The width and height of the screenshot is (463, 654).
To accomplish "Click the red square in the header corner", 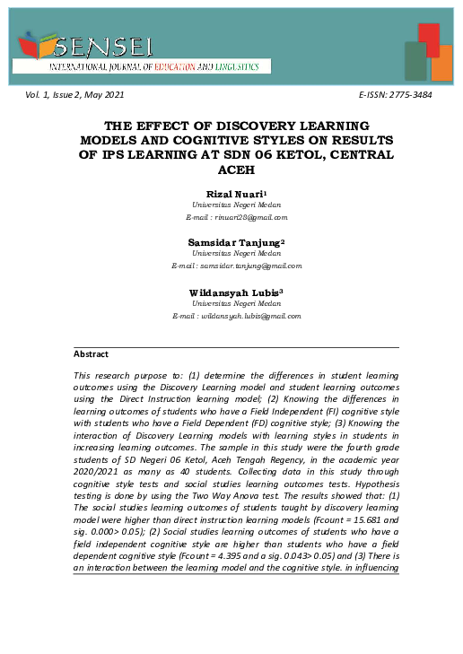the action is click(x=428, y=39).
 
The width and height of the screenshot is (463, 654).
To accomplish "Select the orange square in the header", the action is click(x=441, y=64).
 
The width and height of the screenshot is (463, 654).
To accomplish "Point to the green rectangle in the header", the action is click(x=415, y=61).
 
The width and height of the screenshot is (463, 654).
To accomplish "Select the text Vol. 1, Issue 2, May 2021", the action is click(x=75, y=95).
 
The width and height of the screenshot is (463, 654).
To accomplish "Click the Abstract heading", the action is click(x=91, y=354).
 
